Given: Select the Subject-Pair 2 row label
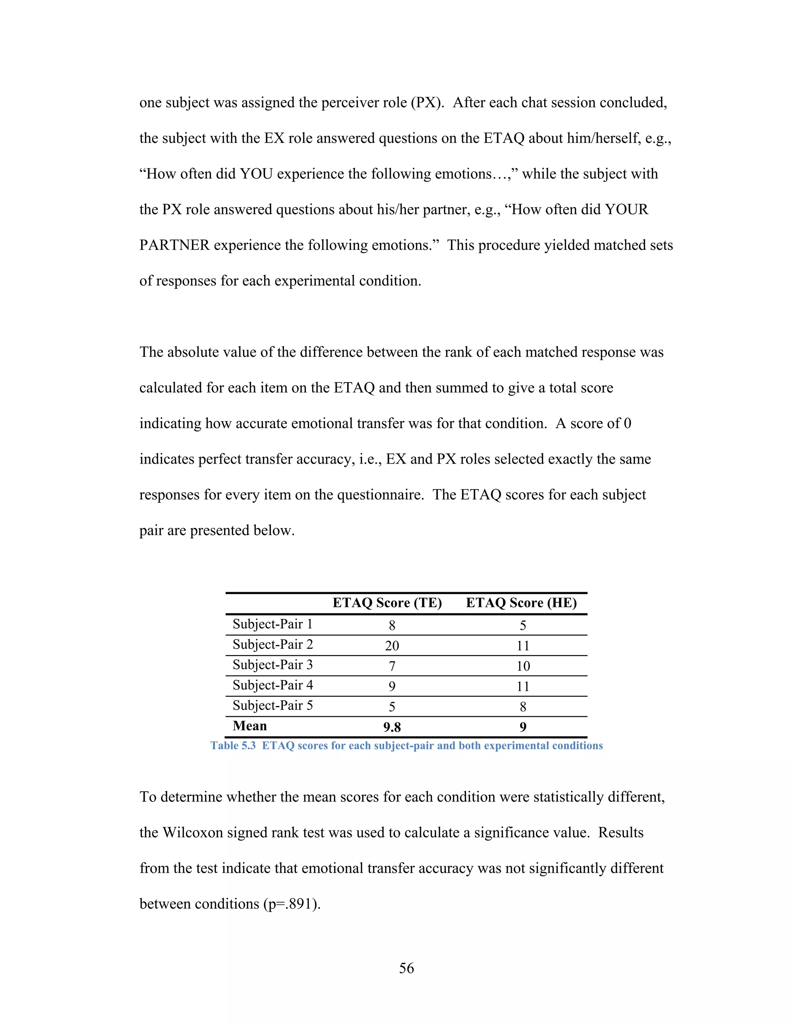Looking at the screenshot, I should [x=272, y=645].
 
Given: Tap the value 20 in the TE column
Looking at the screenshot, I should [x=392, y=646].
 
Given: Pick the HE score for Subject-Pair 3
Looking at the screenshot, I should [x=523, y=666].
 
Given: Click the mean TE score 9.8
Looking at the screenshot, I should [x=392, y=727].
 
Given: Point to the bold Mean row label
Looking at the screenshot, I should [x=250, y=726].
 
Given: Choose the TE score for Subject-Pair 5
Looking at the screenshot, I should [x=392, y=707].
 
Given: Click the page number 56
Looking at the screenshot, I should [x=406, y=968].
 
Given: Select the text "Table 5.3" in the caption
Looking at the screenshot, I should [x=233, y=746].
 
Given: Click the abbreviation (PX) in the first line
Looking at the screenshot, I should [x=427, y=103].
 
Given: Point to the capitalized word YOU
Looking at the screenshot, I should [x=256, y=174].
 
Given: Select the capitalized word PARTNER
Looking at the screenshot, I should [x=174, y=246].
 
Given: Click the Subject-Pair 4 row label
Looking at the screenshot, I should [x=272, y=685].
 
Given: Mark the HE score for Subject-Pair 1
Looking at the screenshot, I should [x=523, y=625].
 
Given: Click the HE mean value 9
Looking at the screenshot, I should [x=523, y=727].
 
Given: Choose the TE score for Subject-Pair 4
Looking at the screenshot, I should [x=392, y=687].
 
